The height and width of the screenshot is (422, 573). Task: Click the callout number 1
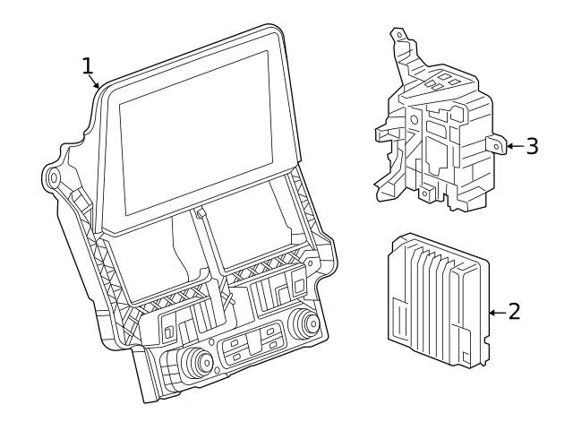pos(88,65)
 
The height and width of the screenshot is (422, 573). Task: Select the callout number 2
pos(514,312)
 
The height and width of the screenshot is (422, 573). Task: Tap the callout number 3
pos(532,145)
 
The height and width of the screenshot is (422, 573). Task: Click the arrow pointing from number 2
pos(496,313)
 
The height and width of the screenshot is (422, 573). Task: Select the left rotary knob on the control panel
pos(193,361)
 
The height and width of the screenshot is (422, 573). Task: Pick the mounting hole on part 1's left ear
pos(53,178)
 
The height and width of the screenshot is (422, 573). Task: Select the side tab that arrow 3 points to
pos(492,144)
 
